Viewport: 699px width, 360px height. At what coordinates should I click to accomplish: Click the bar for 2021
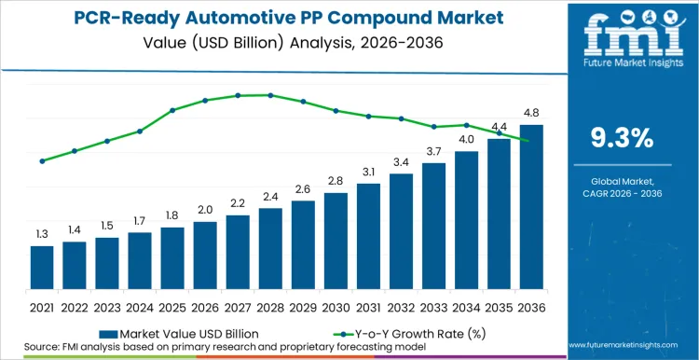pos(42,266)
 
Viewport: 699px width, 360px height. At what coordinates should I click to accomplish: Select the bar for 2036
pos(531,205)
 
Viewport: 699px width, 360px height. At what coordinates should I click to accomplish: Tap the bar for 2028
pos(270,247)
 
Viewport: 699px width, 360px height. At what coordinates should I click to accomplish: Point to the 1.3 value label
pos(42,234)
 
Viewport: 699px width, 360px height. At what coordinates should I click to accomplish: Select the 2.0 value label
pos(205,210)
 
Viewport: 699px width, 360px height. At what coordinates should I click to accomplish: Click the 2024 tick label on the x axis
pos(140,306)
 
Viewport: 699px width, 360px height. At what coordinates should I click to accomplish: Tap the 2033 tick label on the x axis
pos(433,306)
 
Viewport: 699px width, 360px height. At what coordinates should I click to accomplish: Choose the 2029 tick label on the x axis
pos(303,306)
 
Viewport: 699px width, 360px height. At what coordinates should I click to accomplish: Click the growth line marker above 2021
pos(42,160)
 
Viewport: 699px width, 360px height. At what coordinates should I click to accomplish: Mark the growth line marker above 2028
pos(270,95)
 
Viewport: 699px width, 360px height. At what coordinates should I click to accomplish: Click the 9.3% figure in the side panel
pos(623,138)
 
